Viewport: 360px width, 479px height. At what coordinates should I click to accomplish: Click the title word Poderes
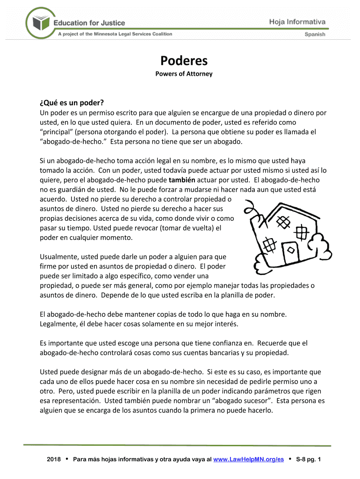[x=184, y=61]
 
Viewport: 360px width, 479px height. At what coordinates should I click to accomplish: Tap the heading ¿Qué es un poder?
[x=72, y=103]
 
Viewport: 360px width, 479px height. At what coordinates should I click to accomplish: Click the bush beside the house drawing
[x=319, y=243]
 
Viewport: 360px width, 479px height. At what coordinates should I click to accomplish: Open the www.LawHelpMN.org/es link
[x=248, y=460]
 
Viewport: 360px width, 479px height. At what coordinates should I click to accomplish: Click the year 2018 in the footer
[x=55, y=460]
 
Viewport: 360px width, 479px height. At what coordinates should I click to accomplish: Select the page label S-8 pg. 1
[x=309, y=460]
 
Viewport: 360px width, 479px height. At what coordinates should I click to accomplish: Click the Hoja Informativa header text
[x=297, y=22]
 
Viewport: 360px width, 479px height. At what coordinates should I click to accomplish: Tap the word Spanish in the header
[x=315, y=34]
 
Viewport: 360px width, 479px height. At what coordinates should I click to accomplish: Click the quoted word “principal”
[x=58, y=132]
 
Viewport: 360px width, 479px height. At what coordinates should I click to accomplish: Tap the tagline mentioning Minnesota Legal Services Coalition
[x=115, y=34]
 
